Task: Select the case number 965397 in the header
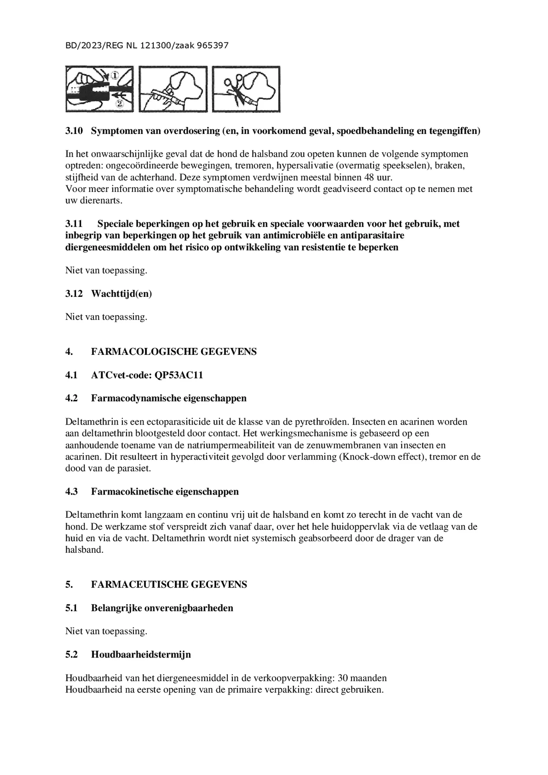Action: (213, 46)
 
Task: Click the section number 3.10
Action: (74, 131)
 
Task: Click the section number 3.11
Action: (74, 224)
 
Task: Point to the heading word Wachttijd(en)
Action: (121, 294)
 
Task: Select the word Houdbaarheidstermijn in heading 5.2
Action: (141, 654)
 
